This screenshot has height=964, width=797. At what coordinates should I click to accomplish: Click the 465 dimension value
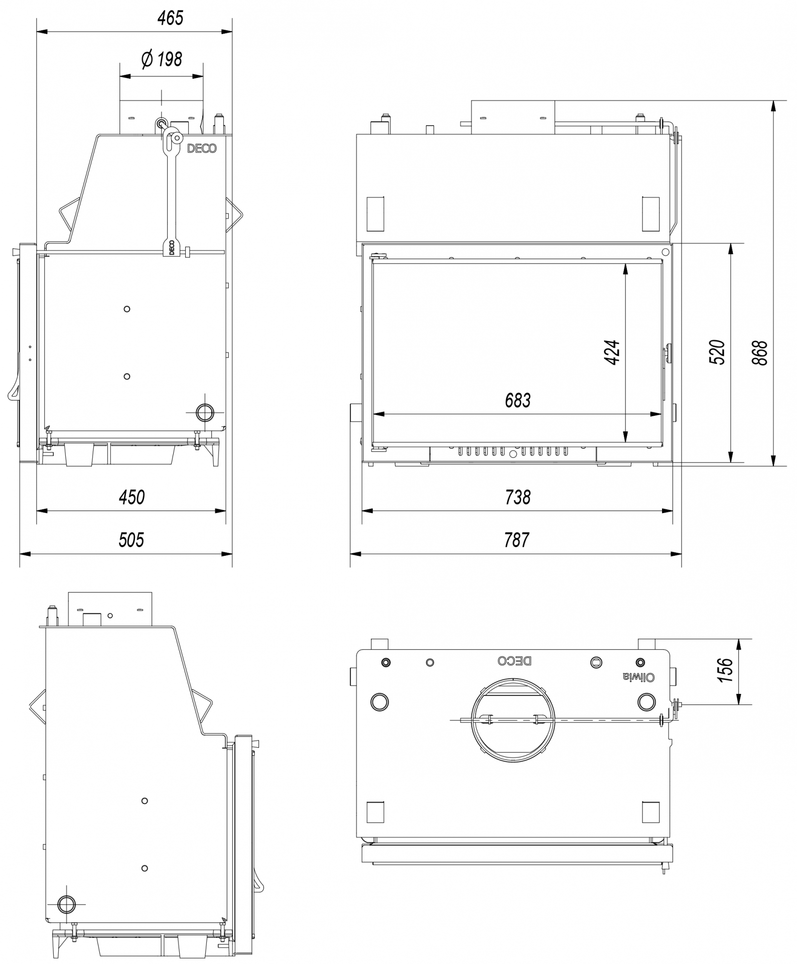tap(171, 18)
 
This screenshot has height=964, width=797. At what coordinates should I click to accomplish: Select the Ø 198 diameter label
tap(162, 60)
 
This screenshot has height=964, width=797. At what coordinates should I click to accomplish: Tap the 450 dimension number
tap(131, 497)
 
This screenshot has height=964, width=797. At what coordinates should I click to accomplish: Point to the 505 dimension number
tap(131, 540)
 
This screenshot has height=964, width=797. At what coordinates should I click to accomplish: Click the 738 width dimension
tap(517, 497)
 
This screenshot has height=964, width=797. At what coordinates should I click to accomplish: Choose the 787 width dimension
tap(516, 540)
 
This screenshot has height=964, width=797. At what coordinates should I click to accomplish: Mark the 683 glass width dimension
tap(517, 401)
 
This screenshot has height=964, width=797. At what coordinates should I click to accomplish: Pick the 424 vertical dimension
tap(612, 352)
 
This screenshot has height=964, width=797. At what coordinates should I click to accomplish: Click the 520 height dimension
tap(717, 352)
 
